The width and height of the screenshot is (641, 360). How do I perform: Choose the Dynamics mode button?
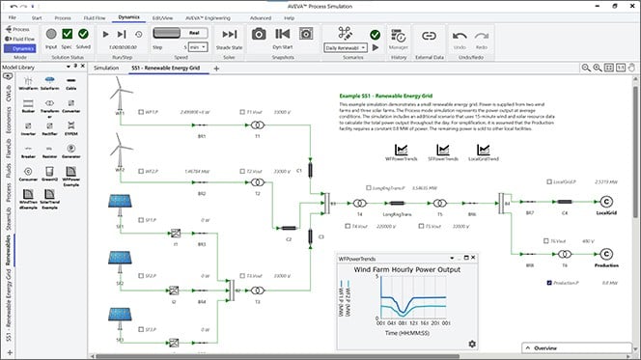23,47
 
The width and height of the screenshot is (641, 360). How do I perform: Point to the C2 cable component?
289,230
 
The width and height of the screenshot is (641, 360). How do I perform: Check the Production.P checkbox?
548,283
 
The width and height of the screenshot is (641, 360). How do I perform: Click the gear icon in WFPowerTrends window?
472,344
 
